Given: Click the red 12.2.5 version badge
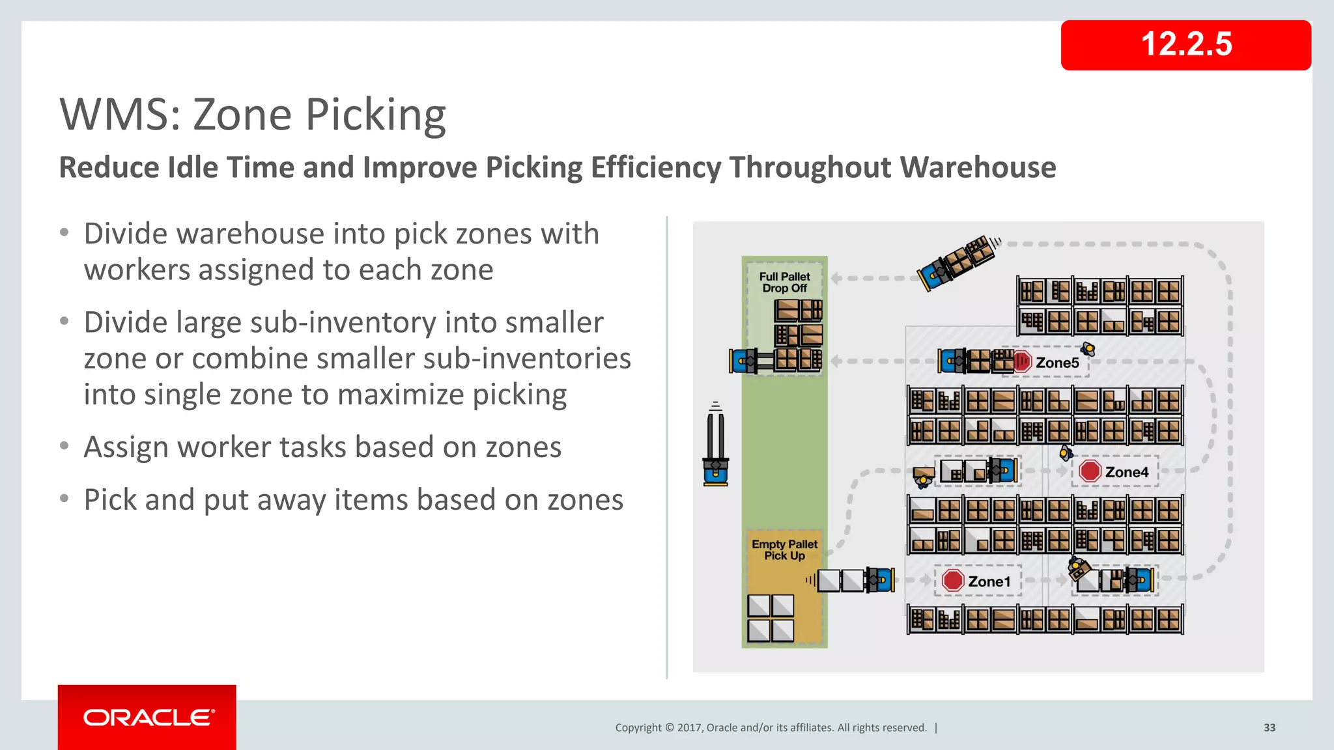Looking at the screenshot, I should tap(1185, 45).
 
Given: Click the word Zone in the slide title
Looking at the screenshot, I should tap(242, 115).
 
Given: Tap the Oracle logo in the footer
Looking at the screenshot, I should tap(147, 717).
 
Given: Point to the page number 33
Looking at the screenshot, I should tap(1269, 728).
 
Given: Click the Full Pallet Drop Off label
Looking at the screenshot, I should tap(784, 283).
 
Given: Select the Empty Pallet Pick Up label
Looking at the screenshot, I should tap(784, 549).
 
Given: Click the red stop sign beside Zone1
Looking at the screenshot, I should tap(952, 580).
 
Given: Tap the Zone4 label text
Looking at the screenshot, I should tap(1126, 472).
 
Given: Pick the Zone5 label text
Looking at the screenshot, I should tap(1057, 363).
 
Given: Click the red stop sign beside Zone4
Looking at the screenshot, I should tap(1090, 471).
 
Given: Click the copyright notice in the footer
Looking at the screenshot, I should tap(771, 728).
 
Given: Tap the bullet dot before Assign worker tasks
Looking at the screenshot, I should tap(64, 446).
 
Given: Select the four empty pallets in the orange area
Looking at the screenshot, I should tap(771, 618).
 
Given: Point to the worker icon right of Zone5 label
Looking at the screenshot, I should tap(1087, 349).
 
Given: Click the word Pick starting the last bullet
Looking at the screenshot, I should tap(109, 500).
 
